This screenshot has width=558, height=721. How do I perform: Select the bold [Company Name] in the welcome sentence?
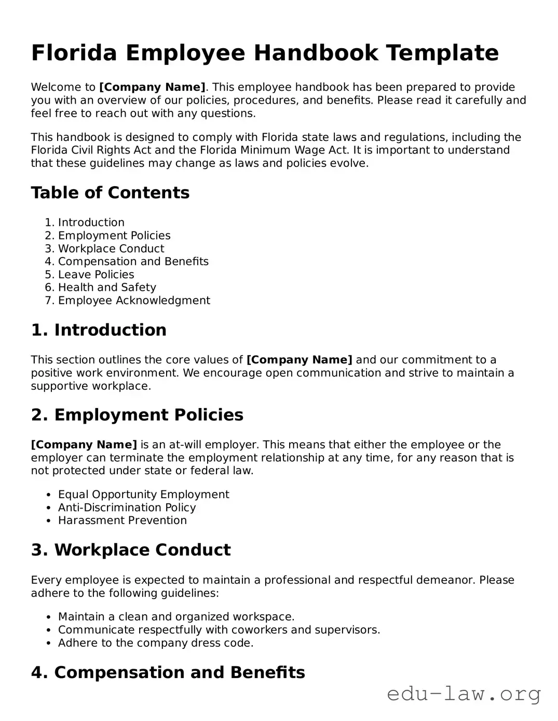point(152,87)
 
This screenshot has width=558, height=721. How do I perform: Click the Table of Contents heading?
point(110,193)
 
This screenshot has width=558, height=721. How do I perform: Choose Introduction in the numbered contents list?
point(91,222)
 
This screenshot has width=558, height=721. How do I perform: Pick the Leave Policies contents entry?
point(96,275)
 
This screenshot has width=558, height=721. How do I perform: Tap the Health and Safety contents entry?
point(107,288)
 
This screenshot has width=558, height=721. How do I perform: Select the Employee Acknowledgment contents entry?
point(134,301)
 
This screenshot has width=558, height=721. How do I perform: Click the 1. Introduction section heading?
point(99,330)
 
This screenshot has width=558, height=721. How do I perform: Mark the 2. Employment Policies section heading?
point(137,415)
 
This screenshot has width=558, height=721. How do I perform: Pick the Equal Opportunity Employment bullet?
point(143,494)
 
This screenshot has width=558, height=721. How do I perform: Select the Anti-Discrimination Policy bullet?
point(127,507)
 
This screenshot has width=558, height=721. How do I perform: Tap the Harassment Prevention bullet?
point(122,520)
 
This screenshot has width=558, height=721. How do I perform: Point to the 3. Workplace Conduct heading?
point(131,550)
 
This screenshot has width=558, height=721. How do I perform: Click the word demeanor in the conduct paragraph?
point(445,580)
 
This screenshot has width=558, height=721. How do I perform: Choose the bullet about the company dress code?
point(156,643)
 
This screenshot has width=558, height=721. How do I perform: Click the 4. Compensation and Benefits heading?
point(168,673)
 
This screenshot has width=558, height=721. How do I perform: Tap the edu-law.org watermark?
point(464,694)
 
